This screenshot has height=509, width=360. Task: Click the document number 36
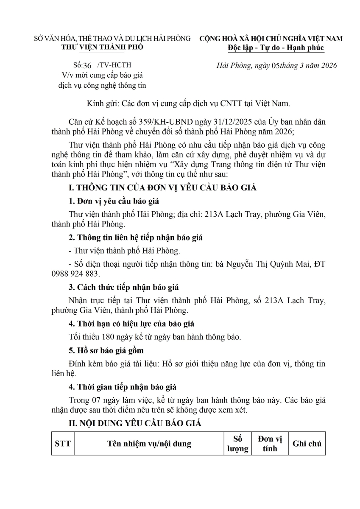coord(87,65)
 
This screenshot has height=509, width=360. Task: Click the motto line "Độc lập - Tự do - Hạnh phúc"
coord(275,48)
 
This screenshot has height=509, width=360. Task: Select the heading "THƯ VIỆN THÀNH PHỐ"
coord(102,47)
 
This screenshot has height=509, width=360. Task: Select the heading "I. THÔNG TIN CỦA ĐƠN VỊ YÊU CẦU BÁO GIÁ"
coord(162,188)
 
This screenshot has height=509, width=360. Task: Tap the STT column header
coord(62,444)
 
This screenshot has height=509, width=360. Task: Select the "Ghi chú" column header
coord(307,444)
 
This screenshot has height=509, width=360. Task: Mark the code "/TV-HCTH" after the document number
coord(114,65)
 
